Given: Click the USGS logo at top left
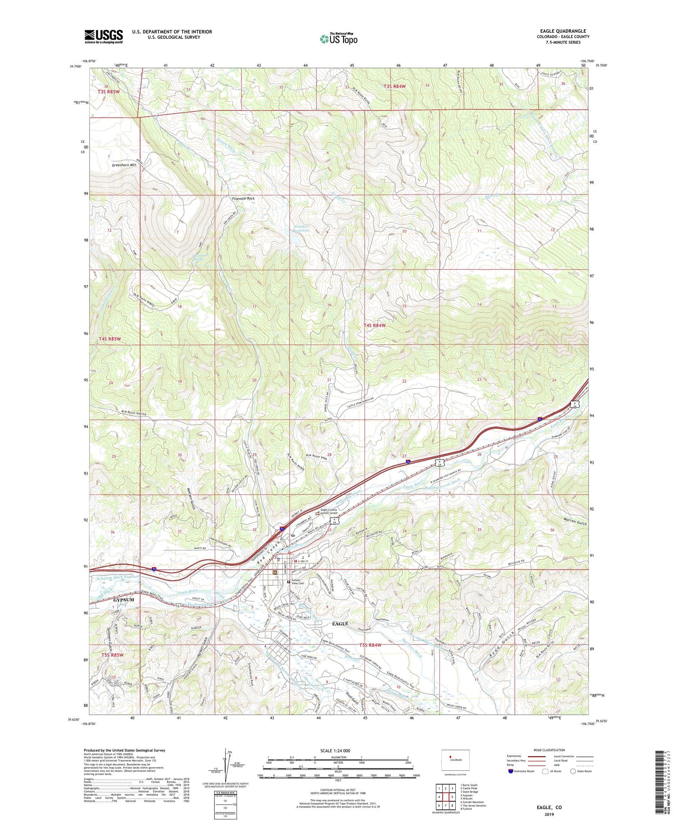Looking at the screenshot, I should [x=104, y=36].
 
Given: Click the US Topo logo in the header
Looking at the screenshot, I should [x=339, y=39].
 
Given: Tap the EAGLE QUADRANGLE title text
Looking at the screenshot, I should [x=563, y=31].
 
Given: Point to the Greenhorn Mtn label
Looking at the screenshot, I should [x=124, y=165].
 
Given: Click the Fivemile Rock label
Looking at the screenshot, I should [x=243, y=199].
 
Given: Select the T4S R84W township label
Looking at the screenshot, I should [x=374, y=325].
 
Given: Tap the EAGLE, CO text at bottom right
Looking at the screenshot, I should [x=549, y=807].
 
